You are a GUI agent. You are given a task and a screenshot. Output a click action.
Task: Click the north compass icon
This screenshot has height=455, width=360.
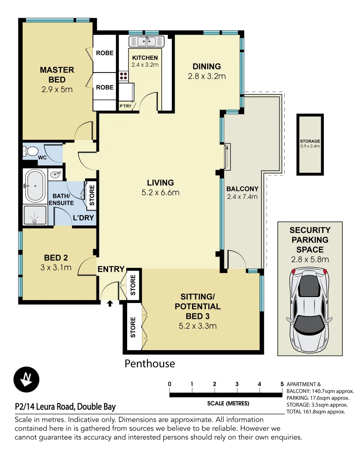(x=27, y=379)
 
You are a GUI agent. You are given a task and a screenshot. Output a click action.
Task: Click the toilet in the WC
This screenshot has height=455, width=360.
(x=30, y=151)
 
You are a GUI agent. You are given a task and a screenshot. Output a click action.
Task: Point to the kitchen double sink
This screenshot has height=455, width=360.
(x=147, y=41)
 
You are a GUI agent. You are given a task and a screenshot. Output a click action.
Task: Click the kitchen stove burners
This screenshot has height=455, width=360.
(x=124, y=76)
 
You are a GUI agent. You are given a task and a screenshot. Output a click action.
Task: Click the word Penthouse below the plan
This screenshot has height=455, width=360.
(x=149, y=363)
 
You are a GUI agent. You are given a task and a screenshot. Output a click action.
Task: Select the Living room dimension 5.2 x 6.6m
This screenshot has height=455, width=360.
(x=160, y=193)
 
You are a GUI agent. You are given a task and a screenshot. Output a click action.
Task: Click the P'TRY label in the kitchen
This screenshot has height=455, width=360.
(x=125, y=107)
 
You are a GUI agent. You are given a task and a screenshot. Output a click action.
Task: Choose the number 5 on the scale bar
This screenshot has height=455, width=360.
(x=282, y=384)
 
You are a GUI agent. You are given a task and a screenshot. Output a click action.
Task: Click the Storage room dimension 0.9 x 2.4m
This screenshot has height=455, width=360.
(x=310, y=146)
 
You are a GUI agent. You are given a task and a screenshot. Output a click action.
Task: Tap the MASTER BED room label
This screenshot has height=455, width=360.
(x=57, y=75)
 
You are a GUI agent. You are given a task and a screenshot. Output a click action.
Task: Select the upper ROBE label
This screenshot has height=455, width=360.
(x=104, y=53)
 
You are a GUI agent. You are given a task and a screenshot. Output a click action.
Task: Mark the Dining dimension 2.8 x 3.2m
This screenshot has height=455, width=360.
(x=207, y=76)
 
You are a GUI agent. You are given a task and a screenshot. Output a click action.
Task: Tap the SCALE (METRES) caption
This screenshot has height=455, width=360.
(x=228, y=403)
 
